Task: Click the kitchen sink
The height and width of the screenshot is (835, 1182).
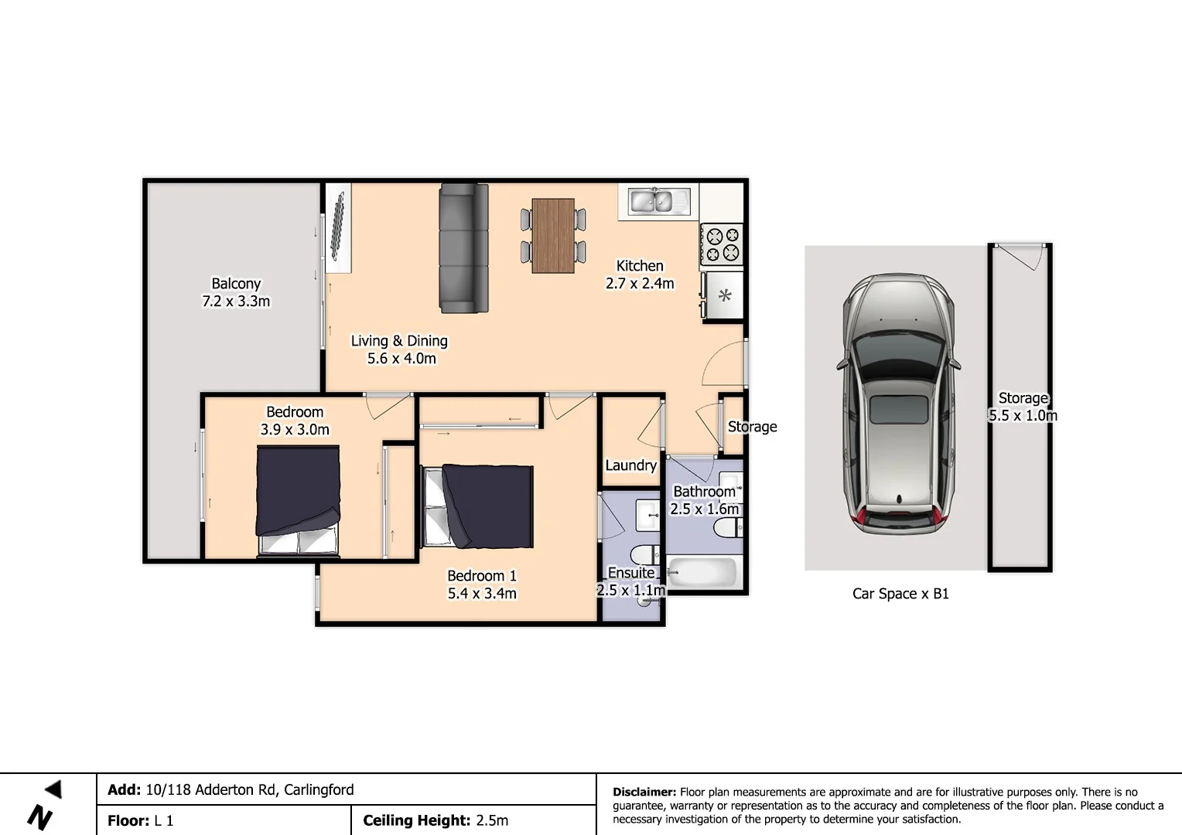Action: (x=659, y=201)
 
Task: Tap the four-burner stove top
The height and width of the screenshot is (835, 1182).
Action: (x=722, y=244)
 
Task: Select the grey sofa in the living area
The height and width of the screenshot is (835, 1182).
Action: (x=464, y=248)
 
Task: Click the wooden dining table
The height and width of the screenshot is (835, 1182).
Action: (x=553, y=236)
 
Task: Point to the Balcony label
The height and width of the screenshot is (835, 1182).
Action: (x=236, y=283)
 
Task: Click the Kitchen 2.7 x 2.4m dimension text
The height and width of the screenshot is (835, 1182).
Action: (x=640, y=283)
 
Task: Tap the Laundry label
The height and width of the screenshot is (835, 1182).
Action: (x=630, y=465)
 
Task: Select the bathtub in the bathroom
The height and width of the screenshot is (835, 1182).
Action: (x=702, y=572)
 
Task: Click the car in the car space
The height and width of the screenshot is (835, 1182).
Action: (x=898, y=404)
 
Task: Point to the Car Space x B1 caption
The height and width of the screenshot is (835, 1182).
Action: (x=900, y=594)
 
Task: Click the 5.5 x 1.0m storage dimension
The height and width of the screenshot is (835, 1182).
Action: (x=1023, y=416)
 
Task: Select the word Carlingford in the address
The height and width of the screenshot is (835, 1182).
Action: (x=319, y=789)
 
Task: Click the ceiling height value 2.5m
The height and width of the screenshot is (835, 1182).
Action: (x=492, y=820)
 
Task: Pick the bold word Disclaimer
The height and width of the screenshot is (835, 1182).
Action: (x=644, y=792)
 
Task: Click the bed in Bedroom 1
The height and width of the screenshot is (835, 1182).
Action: (x=479, y=506)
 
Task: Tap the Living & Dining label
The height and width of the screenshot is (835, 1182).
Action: (x=399, y=341)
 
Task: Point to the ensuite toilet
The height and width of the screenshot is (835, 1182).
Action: (x=644, y=554)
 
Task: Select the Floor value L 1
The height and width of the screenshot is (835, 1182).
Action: (x=163, y=821)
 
